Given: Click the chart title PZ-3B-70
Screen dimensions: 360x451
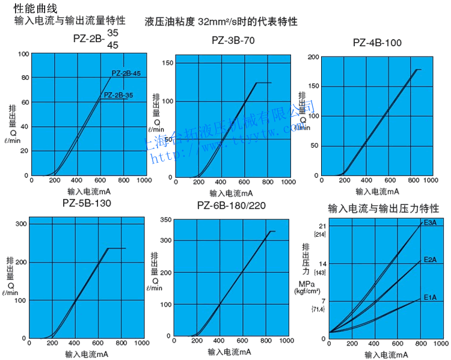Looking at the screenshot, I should pos(233,41).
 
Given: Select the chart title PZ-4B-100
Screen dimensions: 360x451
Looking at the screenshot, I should pos(377,43).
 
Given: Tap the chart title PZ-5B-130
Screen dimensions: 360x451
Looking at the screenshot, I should pos(87,203).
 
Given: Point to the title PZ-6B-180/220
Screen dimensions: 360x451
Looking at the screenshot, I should pos(232,206).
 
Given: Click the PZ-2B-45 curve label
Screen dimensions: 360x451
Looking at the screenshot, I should pos(126,73).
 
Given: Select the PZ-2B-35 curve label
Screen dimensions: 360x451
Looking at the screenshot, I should pos(118,95).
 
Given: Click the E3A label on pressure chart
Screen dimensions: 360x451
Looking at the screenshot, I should pos(430,222).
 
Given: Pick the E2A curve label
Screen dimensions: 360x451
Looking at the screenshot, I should pos(430,260).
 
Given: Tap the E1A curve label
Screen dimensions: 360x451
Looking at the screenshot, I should pos(430,297).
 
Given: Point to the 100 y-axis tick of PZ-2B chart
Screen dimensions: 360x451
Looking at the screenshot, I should pos(23,53).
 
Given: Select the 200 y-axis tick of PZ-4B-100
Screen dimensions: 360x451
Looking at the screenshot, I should pos(312,57).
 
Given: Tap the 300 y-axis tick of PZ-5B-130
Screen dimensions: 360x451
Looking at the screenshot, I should pos(22,224).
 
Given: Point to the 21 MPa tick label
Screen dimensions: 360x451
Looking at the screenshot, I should pos(322,226).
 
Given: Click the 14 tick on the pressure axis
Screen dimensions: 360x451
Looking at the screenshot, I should pos(322,264).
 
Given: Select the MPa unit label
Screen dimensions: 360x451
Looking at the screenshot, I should pos(306,283).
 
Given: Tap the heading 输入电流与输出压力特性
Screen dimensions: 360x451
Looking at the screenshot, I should pos(383,209).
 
